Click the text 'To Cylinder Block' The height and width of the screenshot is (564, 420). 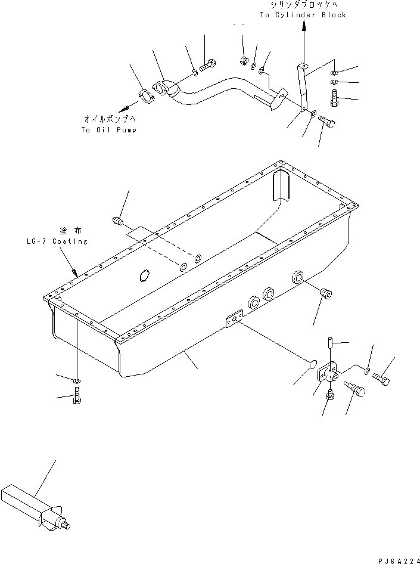click(303, 14)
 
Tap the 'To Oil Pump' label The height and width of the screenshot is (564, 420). click(108, 129)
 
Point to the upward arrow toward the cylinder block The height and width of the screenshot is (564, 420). click(303, 27)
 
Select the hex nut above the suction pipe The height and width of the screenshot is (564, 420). click(244, 60)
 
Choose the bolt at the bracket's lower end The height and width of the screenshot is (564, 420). click(326, 122)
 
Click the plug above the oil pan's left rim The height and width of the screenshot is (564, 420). click(119, 221)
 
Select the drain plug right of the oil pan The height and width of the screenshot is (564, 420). click(325, 295)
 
